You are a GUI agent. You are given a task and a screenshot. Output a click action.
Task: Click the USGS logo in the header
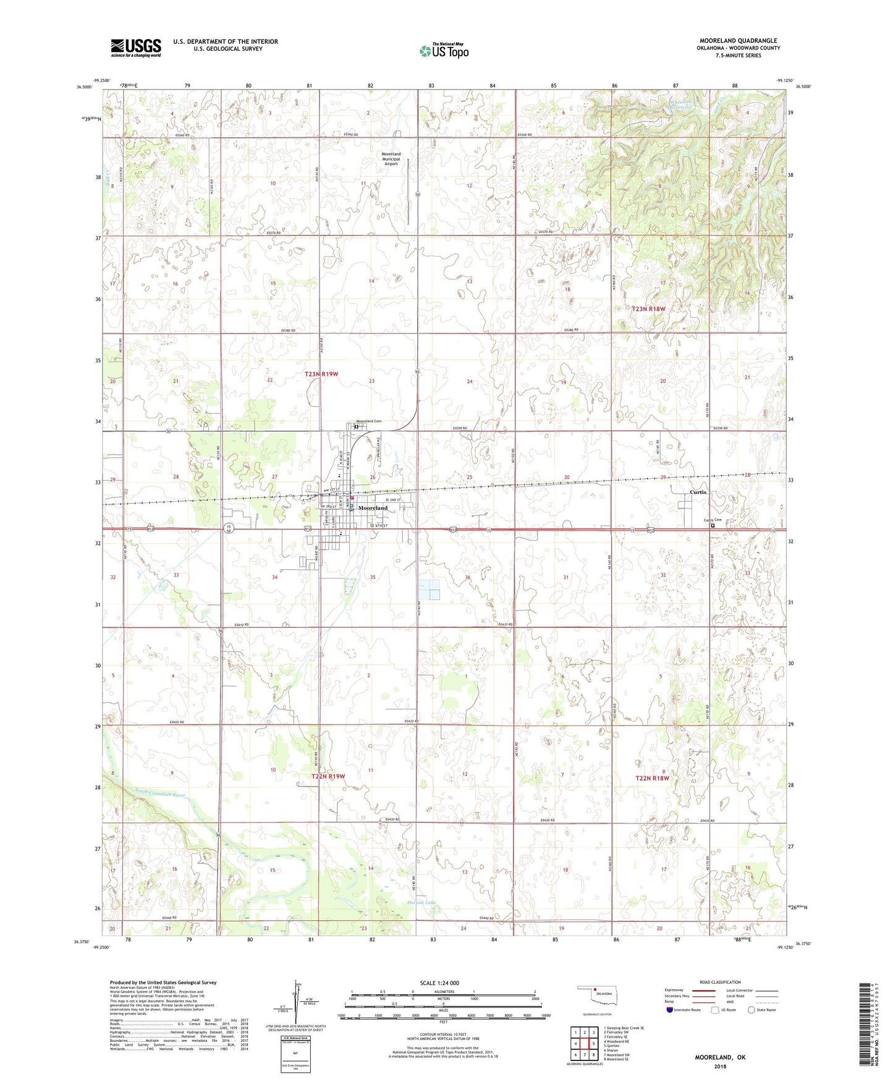point(136,48)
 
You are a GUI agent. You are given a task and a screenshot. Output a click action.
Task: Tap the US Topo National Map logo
point(444,51)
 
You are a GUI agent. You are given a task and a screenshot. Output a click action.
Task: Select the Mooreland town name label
point(373,508)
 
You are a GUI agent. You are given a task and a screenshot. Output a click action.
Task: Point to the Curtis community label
point(699,493)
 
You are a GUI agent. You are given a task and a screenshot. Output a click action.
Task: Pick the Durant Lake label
point(421,903)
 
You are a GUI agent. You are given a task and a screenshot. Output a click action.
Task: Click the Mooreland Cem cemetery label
point(368,421)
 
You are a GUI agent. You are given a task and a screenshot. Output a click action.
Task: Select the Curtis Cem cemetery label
point(713,520)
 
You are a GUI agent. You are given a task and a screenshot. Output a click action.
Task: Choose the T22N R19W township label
point(328,776)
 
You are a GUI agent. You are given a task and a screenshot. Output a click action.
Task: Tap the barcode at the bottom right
point(865,1023)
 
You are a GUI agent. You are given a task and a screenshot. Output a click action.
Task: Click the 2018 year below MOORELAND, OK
point(720,1066)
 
